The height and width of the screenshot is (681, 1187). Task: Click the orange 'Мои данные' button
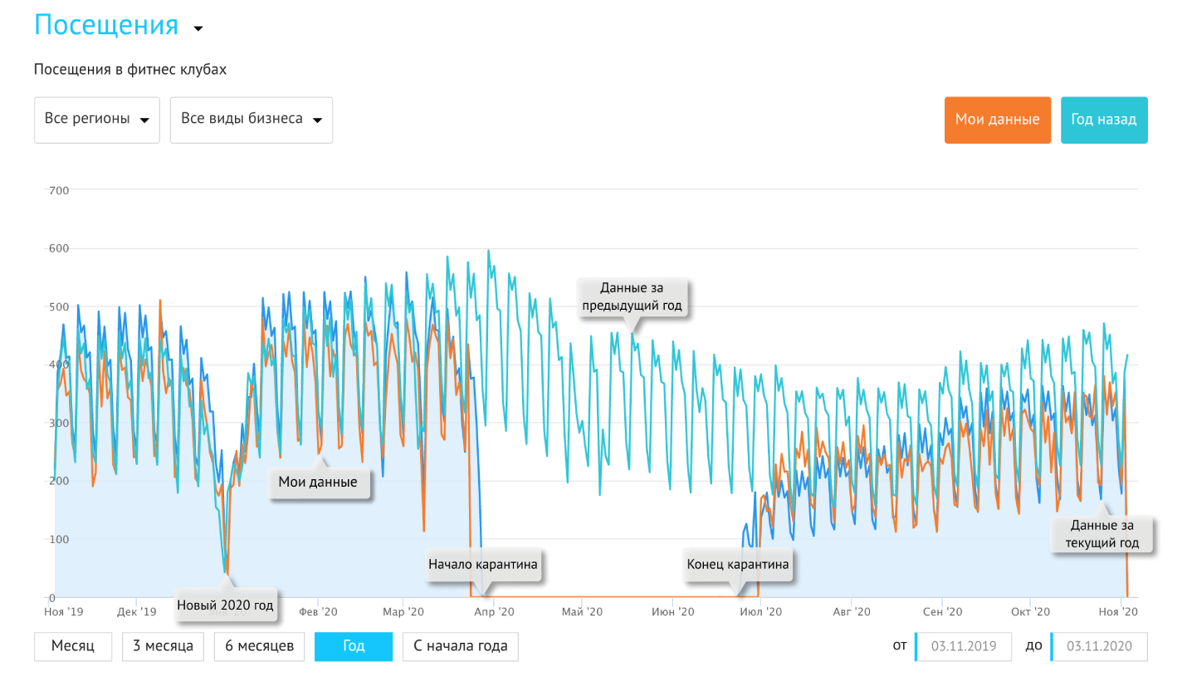(x=997, y=120)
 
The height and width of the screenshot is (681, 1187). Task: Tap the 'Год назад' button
(x=1104, y=120)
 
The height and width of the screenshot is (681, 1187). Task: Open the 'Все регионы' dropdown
(x=97, y=120)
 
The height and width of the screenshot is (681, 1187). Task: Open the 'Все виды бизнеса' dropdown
(x=252, y=120)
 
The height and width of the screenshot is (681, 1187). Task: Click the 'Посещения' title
(x=106, y=25)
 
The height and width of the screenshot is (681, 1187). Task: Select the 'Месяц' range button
(x=73, y=646)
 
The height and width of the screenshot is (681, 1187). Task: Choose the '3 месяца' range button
(x=163, y=646)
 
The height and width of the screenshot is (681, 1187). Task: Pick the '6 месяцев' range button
(x=259, y=646)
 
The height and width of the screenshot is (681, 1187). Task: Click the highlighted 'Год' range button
(x=354, y=646)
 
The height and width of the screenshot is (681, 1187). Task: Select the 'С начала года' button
(x=461, y=646)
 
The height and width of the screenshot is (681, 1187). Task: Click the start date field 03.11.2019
(x=964, y=646)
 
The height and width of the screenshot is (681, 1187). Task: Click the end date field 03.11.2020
(x=1099, y=646)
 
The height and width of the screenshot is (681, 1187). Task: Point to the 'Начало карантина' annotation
(x=483, y=565)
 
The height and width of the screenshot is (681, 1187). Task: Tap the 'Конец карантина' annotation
(x=738, y=565)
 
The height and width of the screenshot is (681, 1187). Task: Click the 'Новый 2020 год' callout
(x=225, y=605)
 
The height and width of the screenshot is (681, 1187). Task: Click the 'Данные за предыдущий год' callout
(x=633, y=297)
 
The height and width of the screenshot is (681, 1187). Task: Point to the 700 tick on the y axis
(x=59, y=191)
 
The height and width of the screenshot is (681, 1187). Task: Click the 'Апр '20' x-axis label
(x=494, y=612)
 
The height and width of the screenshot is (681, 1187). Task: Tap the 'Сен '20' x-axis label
(x=942, y=612)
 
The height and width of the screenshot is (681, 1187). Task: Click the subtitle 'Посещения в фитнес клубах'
(x=130, y=70)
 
